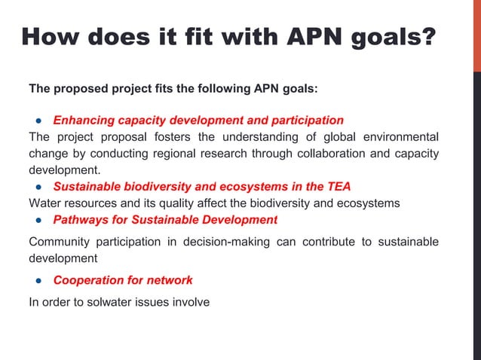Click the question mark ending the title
[x=427, y=36]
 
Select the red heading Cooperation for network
[x=122, y=280]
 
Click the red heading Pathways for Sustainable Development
[x=164, y=220]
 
